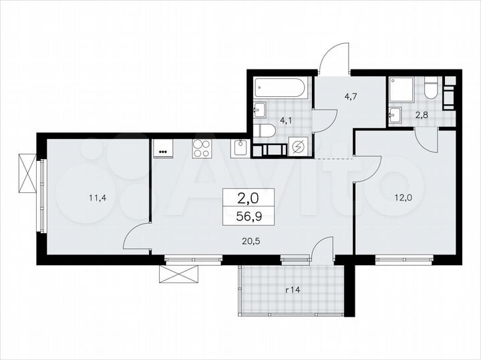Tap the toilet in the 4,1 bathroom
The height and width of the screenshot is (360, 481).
pos(266,130)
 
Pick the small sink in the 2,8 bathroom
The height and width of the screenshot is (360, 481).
pos(396,115)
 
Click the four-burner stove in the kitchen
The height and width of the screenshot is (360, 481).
pos(202,148)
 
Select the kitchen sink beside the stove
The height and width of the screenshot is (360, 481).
pos(240,148)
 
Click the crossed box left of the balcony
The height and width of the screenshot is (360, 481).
pos(179,274)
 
